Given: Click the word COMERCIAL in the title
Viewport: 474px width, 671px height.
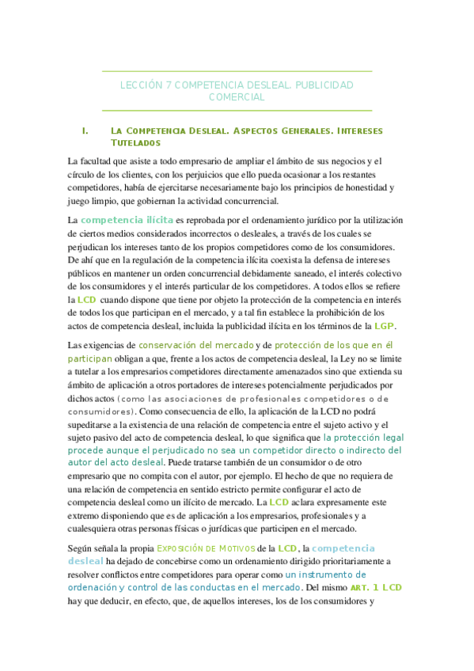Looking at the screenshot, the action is pyautogui.click(x=237, y=97).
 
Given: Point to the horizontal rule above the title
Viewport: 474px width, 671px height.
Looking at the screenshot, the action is pyautogui.click(x=237, y=72).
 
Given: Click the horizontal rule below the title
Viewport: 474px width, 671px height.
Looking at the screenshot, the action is pyautogui.click(x=237, y=110).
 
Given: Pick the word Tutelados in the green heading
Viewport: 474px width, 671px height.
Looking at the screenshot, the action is pyautogui.click(x=136, y=143).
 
